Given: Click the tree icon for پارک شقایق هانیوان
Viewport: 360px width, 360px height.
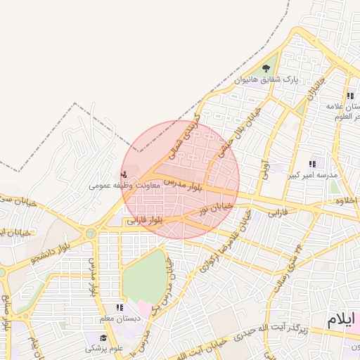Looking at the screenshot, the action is tap(266, 69).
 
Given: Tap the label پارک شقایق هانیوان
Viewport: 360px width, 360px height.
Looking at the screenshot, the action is tap(266, 80).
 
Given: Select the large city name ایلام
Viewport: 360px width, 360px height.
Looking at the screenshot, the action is tap(342, 321).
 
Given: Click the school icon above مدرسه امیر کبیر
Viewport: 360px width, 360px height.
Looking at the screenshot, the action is tap(312, 164).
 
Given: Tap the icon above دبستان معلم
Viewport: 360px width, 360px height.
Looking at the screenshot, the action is tap(120, 307).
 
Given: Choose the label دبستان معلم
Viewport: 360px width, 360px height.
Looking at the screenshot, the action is tap(120, 318).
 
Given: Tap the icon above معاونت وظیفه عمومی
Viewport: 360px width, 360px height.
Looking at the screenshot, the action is tap(124, 174).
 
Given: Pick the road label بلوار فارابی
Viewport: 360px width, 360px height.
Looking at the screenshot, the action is tap(146, 221).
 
